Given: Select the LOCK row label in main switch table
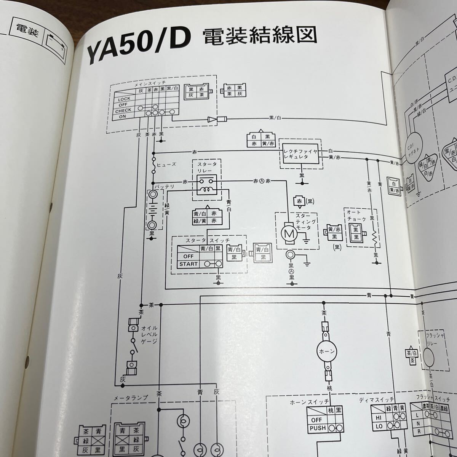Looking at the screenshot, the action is click(124, 99).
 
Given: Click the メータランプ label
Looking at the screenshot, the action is click(131, 398).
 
